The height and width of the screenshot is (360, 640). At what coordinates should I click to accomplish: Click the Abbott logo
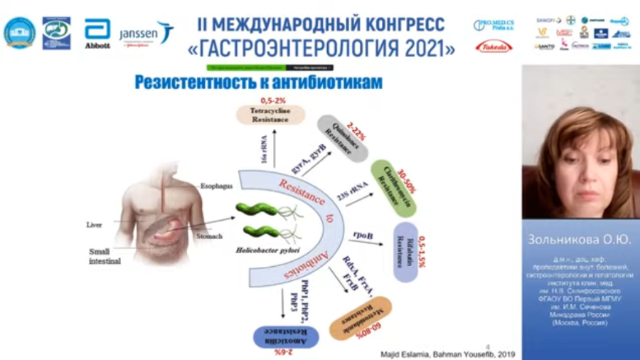97,33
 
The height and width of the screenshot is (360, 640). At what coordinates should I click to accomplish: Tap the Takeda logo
493,47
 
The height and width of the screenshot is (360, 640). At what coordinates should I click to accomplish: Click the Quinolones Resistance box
342,137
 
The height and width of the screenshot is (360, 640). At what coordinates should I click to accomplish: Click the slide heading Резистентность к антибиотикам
258,83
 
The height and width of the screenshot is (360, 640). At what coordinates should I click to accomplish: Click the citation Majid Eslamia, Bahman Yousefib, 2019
444,354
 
